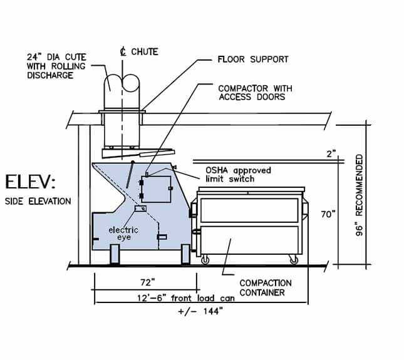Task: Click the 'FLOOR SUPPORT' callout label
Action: (252, 59)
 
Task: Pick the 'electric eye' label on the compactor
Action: (123, 234)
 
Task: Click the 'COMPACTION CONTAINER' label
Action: (266, 287)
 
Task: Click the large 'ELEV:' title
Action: (30, 183)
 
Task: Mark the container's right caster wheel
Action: (293, 259)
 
